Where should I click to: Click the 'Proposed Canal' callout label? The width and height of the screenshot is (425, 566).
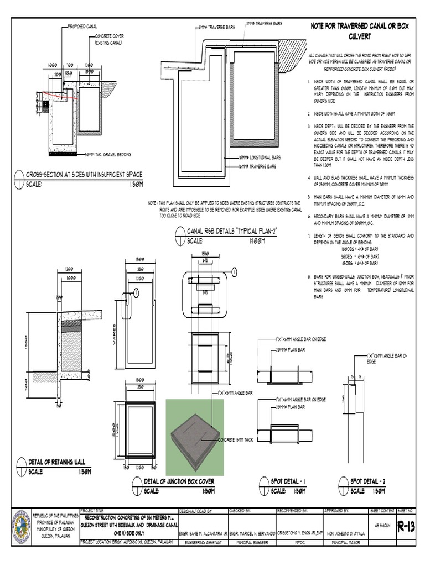coord(84,26)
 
